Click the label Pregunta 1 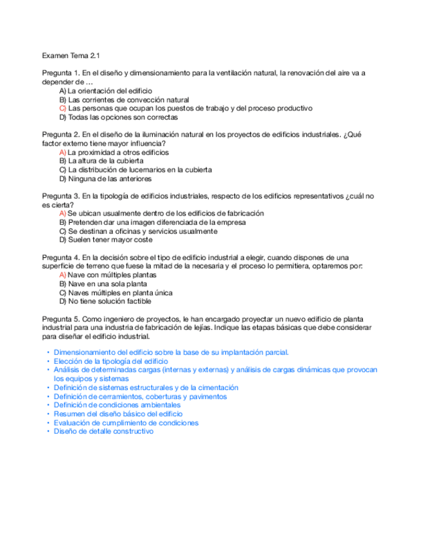61,73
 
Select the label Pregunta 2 61,135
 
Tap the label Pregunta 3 61,196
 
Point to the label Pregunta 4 61,257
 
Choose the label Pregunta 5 61,319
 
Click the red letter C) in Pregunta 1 63,108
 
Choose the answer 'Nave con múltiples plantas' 112,275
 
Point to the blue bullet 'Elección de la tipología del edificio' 111,361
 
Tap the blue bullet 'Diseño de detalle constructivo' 104,431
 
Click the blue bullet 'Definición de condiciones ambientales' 117,405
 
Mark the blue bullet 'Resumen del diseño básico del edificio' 118,414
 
